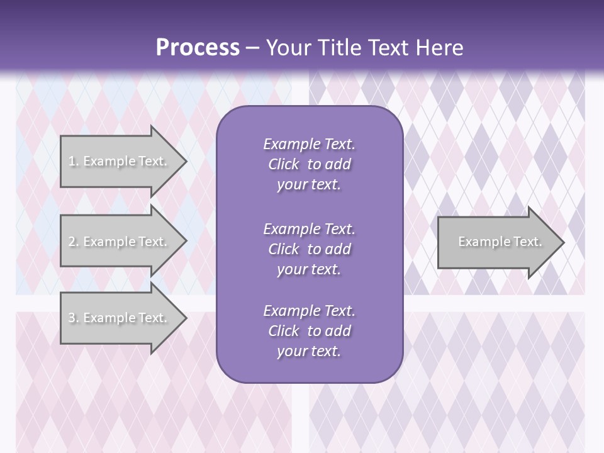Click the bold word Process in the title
(198, 48)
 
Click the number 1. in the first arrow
(74, 161)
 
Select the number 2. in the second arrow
(74, 242)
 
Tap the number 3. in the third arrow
(74, 318)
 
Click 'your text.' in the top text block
(309, 184)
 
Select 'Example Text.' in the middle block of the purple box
(309, 229)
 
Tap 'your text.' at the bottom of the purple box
(309, 351)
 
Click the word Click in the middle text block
(284, 249)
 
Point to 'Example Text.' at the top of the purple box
(309, 144)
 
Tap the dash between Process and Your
(253, 48)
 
